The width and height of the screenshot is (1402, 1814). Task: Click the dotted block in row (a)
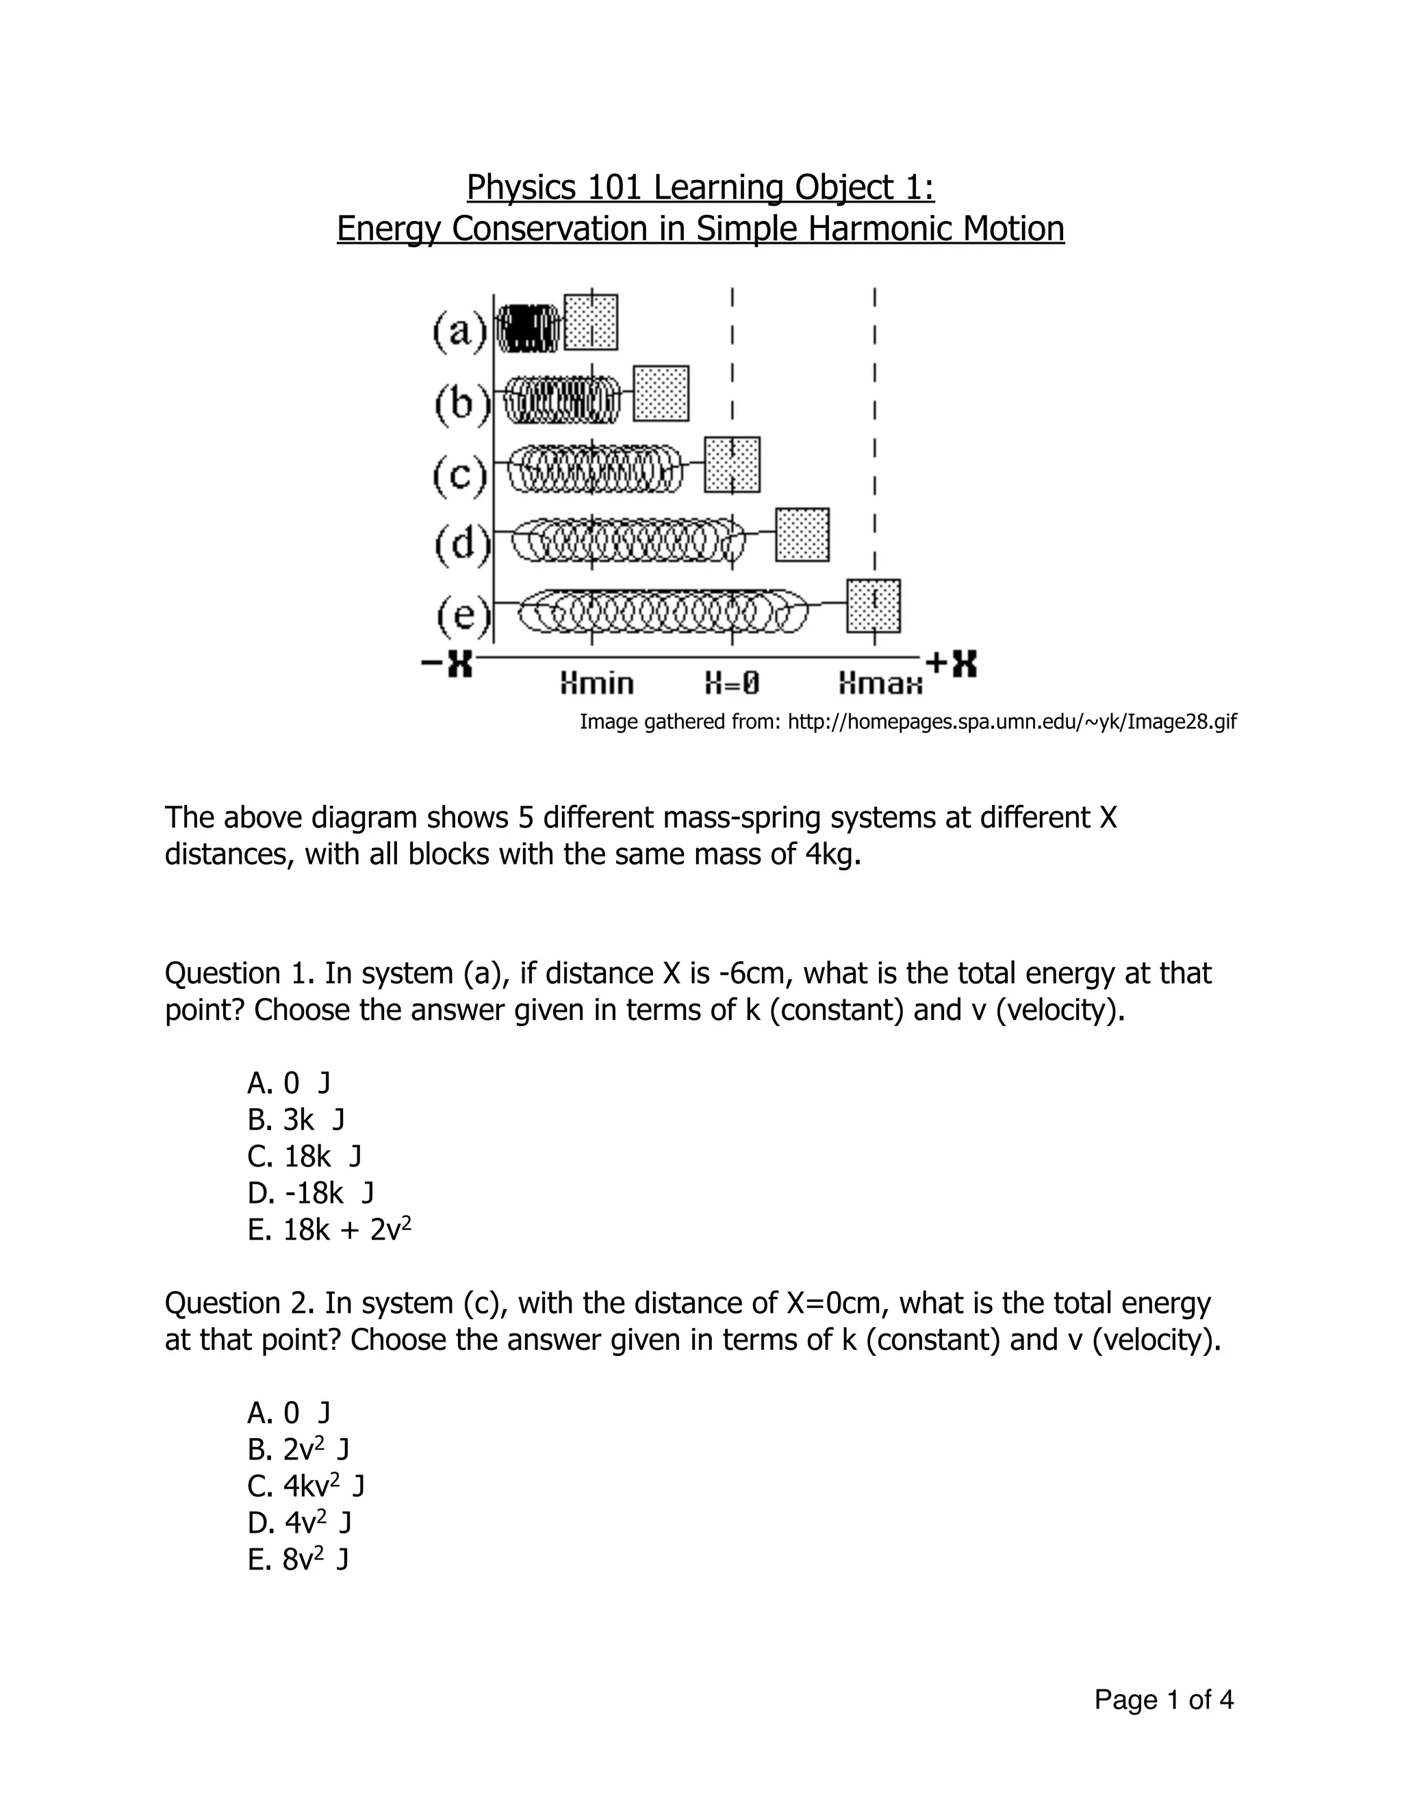[x=591, y=322]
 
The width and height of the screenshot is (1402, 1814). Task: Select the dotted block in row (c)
[x=732, y=464]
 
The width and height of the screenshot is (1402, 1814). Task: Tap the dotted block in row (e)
[x=874, y=606]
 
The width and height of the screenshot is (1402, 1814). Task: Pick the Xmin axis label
[x=596, y=684]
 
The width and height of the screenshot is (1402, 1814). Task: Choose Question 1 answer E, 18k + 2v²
[x=330, y=1230]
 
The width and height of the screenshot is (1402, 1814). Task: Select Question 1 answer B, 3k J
[x=296, y=1121]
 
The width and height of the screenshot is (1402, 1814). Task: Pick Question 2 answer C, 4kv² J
[x=307, y=1486]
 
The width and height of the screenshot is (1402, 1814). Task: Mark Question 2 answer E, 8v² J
[x=298, y=1559]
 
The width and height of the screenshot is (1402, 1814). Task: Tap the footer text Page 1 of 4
[x=1164, y=1700]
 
